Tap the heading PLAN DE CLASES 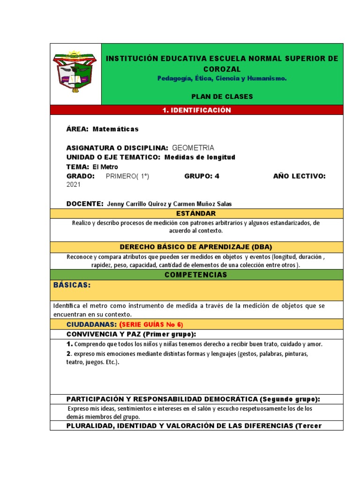pos(222,97)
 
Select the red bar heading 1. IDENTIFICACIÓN pos(196,110)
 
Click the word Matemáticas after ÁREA pos(116,129)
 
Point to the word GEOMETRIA pos(193,148)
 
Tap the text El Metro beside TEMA pos(105,167)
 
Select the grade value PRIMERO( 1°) pos(127,176)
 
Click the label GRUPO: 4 pos(202,176)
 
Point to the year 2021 pos(74,185)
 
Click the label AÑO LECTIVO pos(299,176)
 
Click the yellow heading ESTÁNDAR pos(196,214)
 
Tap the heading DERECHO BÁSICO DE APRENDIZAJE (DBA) pos(196,247)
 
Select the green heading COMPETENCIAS pos(196,275)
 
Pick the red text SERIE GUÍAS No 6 pos(151,324)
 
